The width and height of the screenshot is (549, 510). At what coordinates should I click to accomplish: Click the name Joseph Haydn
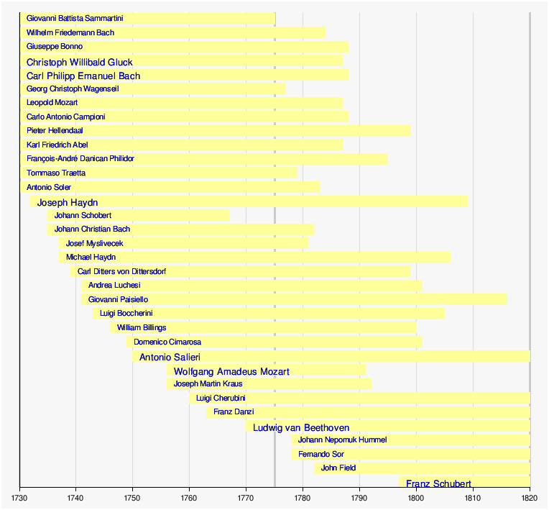68,202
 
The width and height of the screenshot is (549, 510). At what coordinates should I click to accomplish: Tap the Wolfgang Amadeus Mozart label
231,371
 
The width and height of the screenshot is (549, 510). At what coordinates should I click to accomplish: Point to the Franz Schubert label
438,483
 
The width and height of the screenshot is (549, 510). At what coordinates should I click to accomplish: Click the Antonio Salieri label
170,357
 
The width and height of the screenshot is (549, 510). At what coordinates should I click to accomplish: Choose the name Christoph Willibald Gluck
79,62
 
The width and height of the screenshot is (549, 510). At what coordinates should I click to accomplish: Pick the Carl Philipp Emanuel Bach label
83,76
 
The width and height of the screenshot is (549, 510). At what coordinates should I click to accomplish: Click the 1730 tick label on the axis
19,498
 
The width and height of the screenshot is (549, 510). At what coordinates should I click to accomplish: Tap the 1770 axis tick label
246,498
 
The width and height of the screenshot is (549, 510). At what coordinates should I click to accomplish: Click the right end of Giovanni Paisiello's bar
507,299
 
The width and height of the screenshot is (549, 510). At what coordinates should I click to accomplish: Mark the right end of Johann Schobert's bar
229,215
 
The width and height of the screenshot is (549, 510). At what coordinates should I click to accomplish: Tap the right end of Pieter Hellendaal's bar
410,131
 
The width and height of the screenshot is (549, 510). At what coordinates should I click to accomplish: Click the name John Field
338,468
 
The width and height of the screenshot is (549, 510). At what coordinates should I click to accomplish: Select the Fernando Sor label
321,454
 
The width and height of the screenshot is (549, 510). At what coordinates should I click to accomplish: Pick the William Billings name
142,327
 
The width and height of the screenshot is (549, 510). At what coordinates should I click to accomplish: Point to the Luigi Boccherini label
126,313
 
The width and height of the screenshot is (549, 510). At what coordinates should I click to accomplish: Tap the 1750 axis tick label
133,498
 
